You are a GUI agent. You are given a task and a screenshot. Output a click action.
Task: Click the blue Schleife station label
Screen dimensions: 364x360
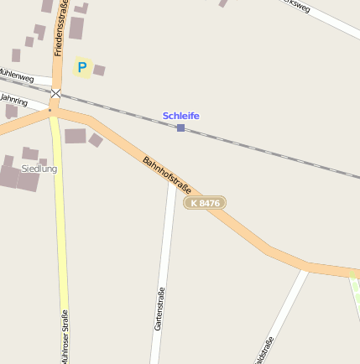[180, 115]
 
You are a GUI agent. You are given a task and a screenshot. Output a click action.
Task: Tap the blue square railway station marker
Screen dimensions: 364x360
[180, 127]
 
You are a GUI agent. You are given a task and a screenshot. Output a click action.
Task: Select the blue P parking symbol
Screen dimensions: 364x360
[81, 67]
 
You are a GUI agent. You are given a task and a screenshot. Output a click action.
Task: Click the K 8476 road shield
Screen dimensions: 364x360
[205, 203]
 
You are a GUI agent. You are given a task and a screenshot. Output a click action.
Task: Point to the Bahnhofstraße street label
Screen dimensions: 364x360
[167, 174]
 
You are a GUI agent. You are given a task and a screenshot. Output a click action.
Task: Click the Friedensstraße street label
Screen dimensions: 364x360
[60, 29]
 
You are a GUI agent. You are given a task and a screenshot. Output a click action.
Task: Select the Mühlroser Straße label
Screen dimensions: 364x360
[64, 336]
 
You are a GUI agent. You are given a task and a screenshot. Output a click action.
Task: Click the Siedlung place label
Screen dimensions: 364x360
[39, 169]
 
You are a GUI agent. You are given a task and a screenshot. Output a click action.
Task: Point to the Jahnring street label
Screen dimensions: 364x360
[13, 101]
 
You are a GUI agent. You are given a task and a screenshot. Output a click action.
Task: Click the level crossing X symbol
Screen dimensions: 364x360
[55, 93]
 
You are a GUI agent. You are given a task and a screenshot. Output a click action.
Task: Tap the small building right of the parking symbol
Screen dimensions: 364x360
[99, 70]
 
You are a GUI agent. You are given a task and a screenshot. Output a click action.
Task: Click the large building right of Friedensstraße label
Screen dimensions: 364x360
[76, 29]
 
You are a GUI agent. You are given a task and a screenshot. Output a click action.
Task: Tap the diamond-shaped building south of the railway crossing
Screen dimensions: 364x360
[96, 140]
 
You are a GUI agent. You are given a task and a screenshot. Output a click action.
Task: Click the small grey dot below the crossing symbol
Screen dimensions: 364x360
[50, 109]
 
